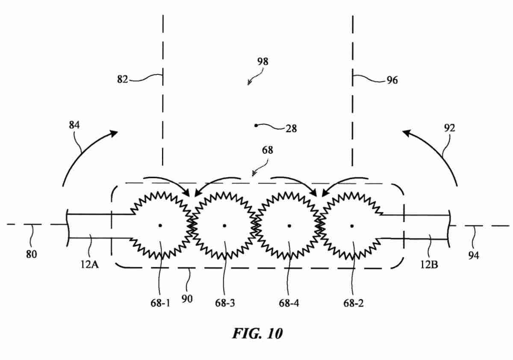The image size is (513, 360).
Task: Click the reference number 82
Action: [122, 79]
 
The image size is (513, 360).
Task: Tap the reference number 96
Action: [392, 80]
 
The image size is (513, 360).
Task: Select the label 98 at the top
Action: [263, 62]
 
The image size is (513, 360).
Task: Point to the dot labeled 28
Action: [256, 125]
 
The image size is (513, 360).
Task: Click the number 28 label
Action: [291, 128]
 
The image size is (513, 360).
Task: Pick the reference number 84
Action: [74, 125]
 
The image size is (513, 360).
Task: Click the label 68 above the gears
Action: [267, 150]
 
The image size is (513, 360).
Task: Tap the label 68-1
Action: [159, 303]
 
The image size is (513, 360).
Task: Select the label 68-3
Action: [224, 303]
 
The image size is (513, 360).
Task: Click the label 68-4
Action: [289, 303]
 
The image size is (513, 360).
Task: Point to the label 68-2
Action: [354, 303]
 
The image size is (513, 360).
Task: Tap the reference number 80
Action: [31, 254]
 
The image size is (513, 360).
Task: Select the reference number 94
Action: [474, 255]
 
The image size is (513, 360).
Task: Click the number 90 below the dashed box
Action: [187, 299]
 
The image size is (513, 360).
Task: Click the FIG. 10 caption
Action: [257, 333]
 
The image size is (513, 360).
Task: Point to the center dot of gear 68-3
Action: [224, 225]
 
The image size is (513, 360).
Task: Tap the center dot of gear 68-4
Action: [289, 225]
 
